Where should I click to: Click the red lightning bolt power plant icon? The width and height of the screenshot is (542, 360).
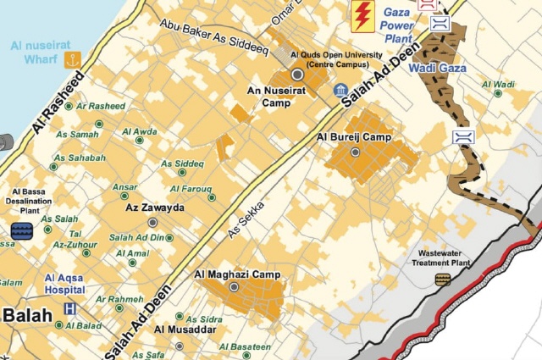tap(363, 14)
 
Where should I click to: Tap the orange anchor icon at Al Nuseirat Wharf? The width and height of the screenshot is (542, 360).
tap(73, 59)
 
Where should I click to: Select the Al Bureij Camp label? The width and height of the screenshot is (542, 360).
tap(354, 137)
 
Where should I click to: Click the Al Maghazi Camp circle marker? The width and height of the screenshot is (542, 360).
tap(235, 288)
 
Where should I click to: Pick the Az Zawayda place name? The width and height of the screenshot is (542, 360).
tap(154, 207)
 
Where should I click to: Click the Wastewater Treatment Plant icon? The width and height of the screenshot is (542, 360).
tap(442, 280)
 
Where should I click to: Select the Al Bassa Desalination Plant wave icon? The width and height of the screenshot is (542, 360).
tap(20, 230)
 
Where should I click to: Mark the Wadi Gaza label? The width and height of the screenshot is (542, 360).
tap(436, 67)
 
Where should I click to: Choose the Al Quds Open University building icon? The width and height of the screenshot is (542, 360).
tap(340, 90)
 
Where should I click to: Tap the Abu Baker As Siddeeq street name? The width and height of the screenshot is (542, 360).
tap(213, 37)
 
